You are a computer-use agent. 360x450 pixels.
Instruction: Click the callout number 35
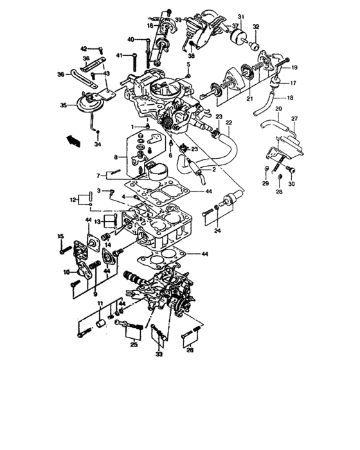(63, 105)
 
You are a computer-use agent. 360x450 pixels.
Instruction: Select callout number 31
(240, 16)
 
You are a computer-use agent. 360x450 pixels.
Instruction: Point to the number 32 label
(256, 27)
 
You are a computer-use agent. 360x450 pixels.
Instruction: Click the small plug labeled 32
(255, 46)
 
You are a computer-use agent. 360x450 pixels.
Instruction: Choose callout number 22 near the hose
(228, 122)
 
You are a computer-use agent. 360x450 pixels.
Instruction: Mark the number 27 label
(295, 119)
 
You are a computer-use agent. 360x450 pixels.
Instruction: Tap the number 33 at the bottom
(159, 354)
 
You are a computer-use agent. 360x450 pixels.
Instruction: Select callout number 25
(134, 345)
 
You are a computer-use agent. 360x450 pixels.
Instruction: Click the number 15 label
(61, 237)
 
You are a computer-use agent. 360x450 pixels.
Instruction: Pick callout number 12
(73, 201)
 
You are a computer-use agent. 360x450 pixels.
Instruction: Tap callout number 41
(120, 55)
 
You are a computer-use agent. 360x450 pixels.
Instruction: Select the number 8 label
(116, 156)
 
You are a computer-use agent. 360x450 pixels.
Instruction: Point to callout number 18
(290, 98)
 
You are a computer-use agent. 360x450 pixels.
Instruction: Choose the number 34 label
(98, 145)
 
